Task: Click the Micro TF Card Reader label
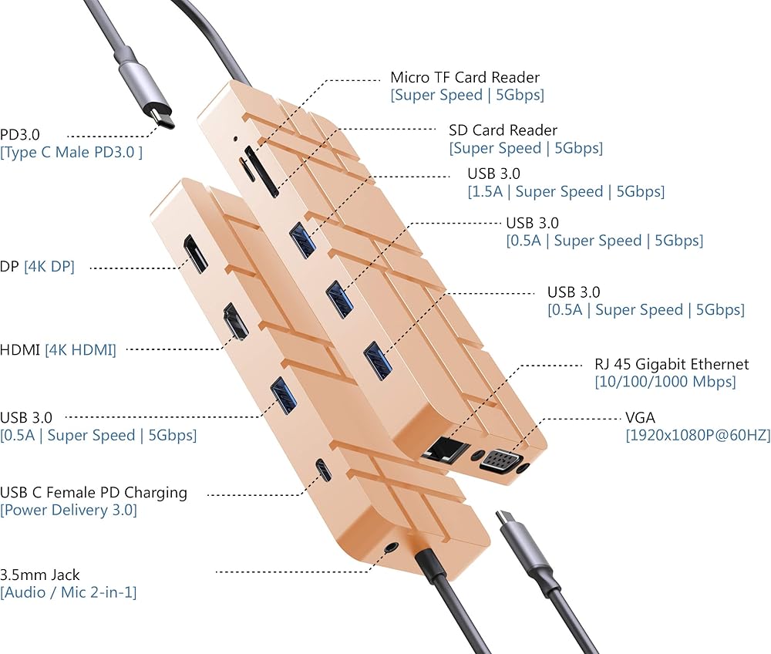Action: coord(465,77)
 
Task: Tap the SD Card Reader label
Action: coord(503,130)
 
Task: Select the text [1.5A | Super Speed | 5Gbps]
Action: coord(565,191)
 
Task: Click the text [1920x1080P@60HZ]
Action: coord(698,436)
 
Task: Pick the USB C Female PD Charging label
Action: coord(93,492)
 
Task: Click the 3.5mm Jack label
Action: coord(40,575)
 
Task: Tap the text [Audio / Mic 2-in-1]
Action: coord(69,592)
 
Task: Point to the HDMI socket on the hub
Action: coord(234,322)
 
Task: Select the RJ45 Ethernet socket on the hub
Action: coord(447,447)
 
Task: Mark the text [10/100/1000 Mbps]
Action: coord(665,382)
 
